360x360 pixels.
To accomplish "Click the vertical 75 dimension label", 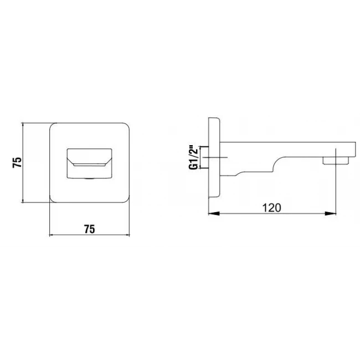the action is click(x=17, y=162).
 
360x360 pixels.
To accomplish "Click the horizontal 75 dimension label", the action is click(x=89, y=229).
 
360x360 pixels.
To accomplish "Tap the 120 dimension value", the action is click(x=271, y=208).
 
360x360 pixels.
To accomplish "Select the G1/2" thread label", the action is click(x=193, y=157).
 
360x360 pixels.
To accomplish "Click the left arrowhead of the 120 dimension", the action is click(x=214, y=214).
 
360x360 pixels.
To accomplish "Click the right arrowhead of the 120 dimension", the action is click(x=331, y=214).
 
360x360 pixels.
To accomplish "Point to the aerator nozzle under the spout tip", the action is click(x=336, y=161).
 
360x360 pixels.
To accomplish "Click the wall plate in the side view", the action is click(x=214, y=157).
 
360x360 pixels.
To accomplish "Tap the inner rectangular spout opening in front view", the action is click(x=89, y=163).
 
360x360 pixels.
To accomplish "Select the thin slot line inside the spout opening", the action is click(x=89, y=165).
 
